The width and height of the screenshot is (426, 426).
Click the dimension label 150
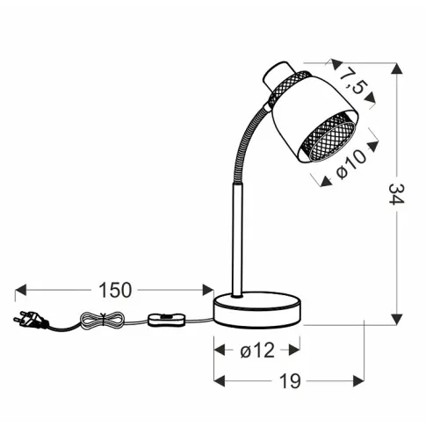114,289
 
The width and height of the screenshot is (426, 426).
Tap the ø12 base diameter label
256,350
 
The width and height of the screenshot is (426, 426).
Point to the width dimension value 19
289,381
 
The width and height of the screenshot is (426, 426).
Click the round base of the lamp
257,309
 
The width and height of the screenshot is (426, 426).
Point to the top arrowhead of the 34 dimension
398,69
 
